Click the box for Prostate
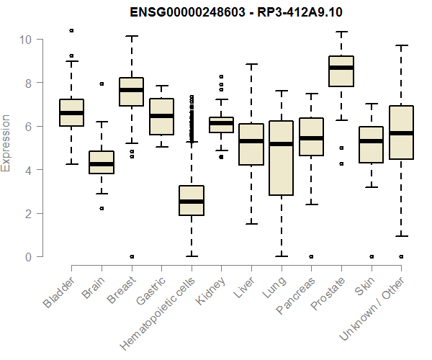point(341,71)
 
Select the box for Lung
point(281,158)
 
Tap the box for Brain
point(102,162)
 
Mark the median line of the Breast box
point(131,90)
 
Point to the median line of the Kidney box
point(221,123)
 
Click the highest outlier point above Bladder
point(71,30)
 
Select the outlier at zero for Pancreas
point(310,256)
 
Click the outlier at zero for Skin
point(371,256)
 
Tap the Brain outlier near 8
point(102,84)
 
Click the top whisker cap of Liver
point(251,64)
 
